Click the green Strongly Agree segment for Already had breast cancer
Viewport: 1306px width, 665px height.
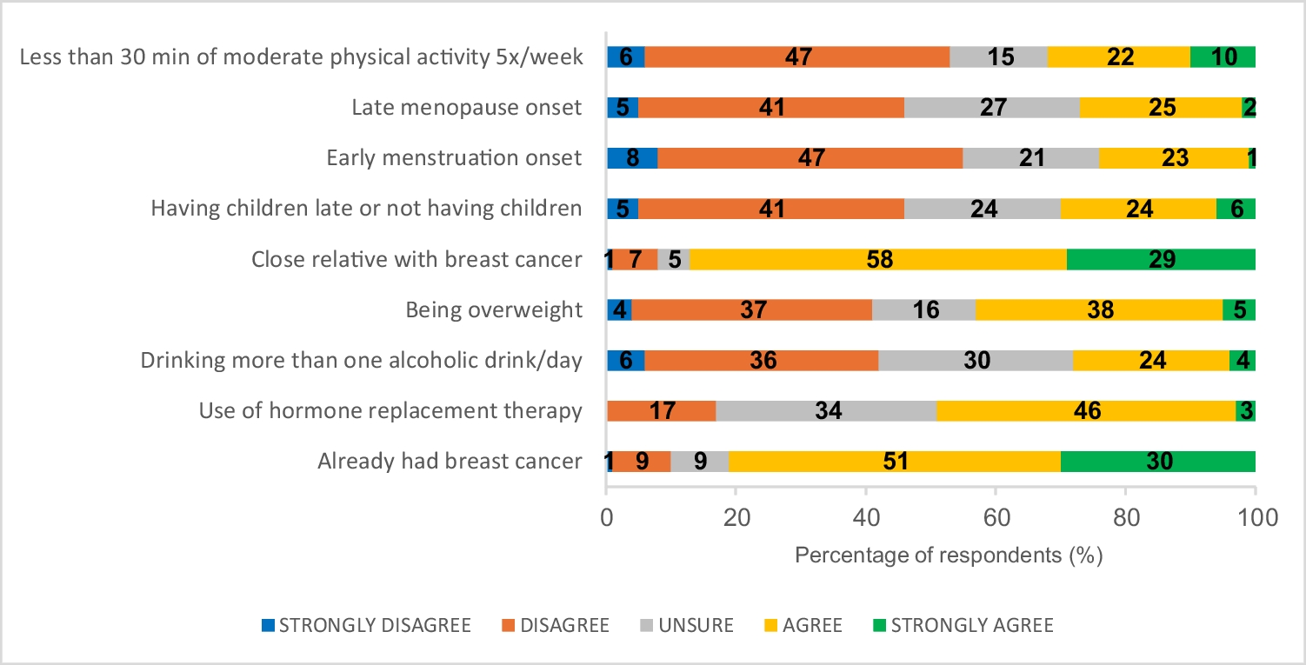[1158, 461]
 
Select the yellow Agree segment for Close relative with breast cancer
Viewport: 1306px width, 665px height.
[878, 259]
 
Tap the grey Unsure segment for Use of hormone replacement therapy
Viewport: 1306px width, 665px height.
[826, 410]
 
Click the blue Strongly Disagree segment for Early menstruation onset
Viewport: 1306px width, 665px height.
[632, 158]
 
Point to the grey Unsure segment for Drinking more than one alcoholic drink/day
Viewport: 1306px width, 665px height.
[976, 360]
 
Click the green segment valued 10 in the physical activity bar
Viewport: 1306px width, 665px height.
[1223, 57]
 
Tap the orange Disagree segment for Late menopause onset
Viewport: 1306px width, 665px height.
[771, 108]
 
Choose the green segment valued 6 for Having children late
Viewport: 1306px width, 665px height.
[1236, 209]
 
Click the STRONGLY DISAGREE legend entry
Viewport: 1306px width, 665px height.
[366, 625]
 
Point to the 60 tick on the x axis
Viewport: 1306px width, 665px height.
[996, 519]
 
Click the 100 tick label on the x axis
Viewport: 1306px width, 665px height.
[1255, 519]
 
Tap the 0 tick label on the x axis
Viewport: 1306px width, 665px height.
[606, 519]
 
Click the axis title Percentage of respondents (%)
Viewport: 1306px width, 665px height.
[949, 555]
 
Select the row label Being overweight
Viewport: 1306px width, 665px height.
[493, 309]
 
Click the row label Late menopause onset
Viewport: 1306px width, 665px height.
[466, 108]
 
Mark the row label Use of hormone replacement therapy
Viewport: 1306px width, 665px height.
[390, 410]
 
